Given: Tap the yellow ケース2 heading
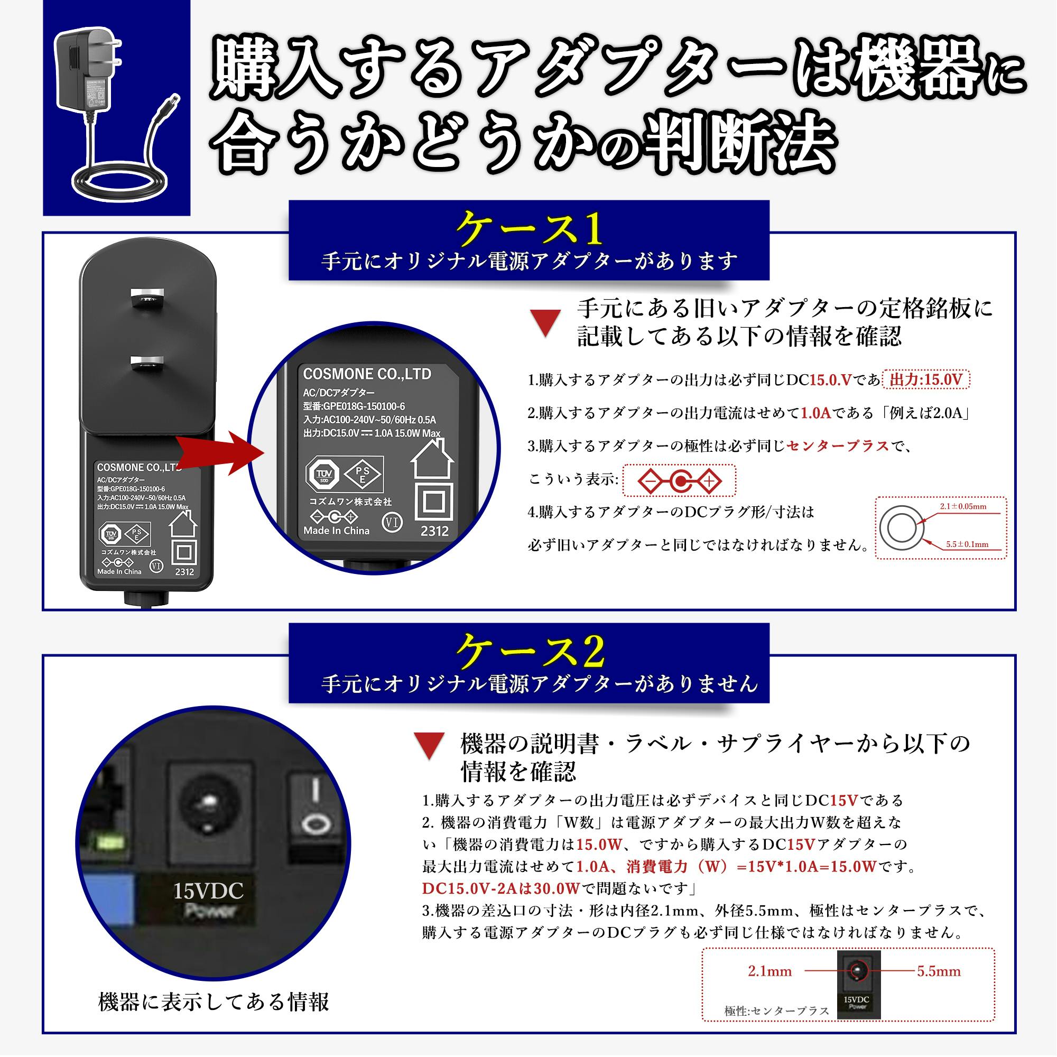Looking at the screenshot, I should [529, 652].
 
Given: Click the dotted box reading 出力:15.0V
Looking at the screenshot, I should [926, 379].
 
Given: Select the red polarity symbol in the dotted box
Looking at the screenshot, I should [680, 481].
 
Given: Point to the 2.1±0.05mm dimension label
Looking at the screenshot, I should [963, 507].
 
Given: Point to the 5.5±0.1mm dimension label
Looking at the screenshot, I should [967, 544].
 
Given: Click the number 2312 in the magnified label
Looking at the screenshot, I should [434, 531].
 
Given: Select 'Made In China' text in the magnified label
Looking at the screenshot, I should [337, 531].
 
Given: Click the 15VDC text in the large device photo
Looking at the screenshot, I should [208, 891].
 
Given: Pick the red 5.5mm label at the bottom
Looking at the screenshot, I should [939, 971].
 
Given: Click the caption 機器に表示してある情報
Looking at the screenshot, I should [214, 1002].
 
